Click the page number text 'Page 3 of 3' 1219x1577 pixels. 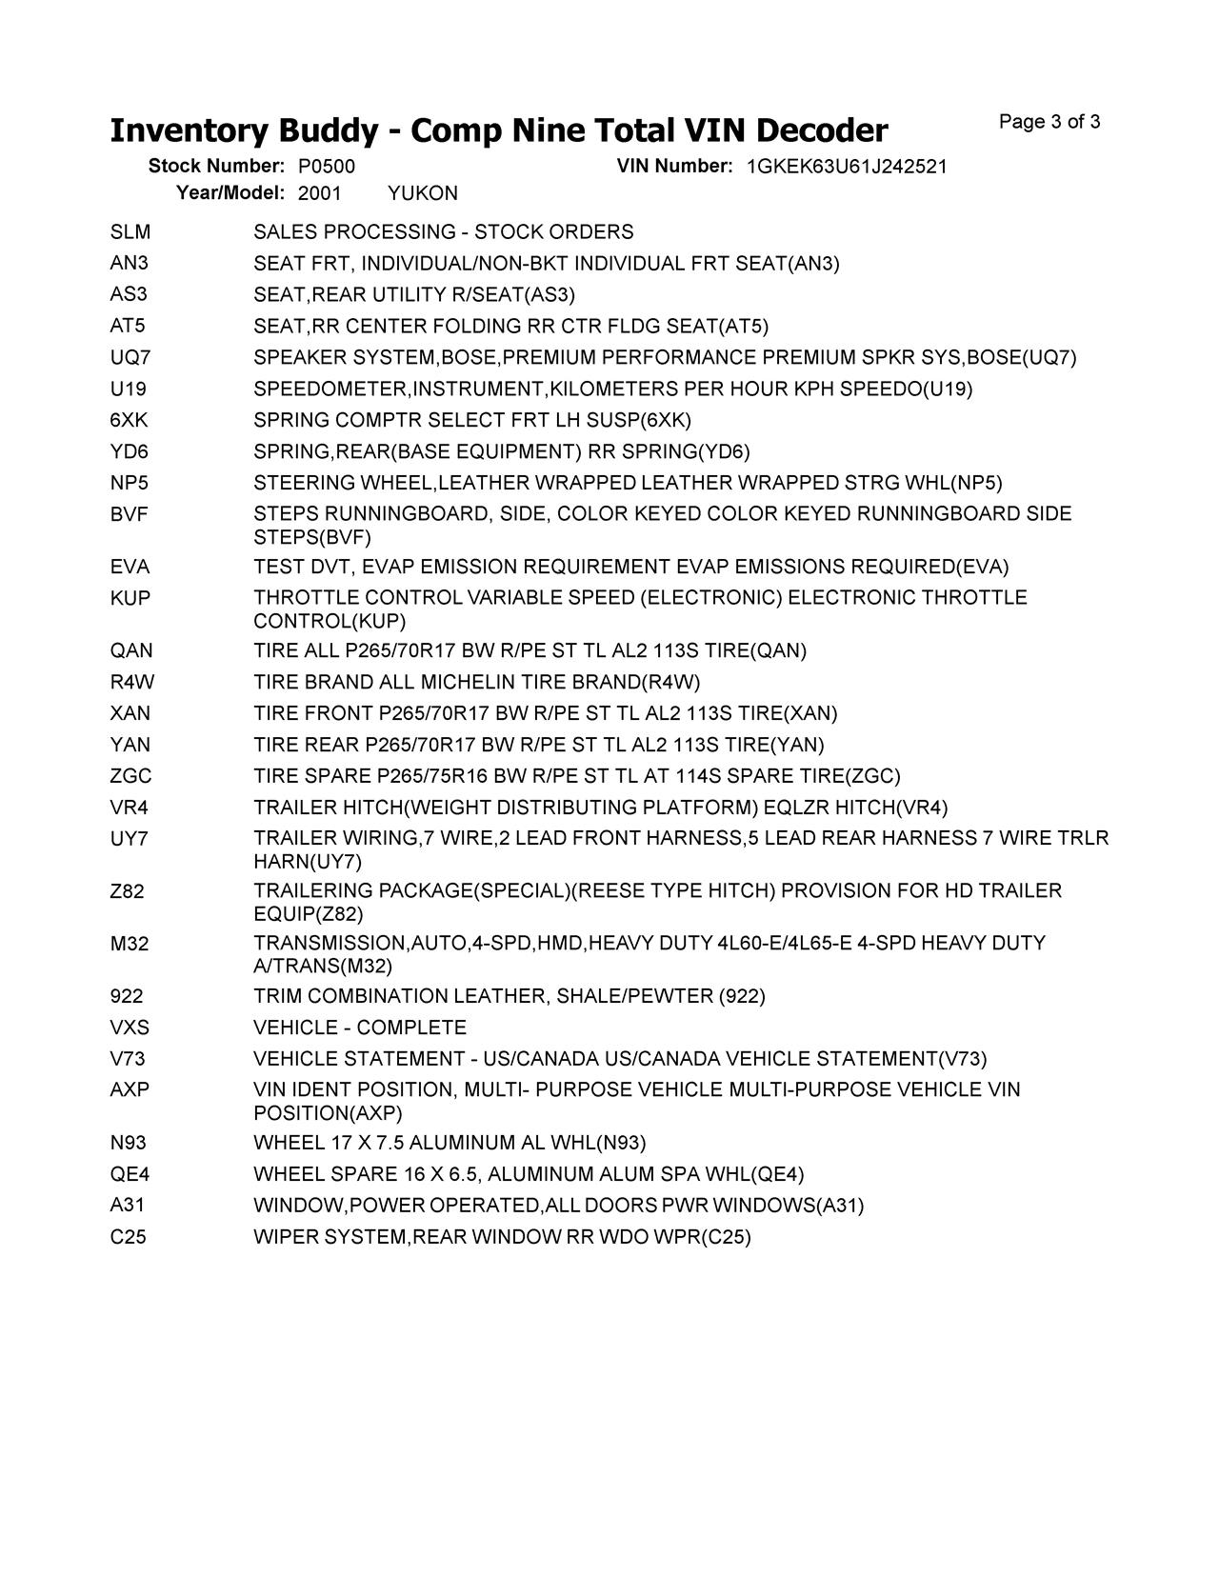[1049, 122]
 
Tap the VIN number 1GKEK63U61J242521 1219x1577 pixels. [847, 167]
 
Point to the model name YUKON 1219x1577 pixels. [423, 193]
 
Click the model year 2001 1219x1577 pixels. [319, 193]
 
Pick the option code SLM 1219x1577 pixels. [130, 232]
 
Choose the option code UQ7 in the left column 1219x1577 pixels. [130, 358]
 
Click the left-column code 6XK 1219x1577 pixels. [129, 420]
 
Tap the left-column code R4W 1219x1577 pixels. [131, 682]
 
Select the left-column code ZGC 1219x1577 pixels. [130, 776]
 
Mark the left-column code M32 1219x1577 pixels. [130, 944]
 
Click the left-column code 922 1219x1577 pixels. [127, 996]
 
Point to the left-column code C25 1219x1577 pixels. [129, 1237]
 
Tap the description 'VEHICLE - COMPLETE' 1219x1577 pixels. [360, 1028]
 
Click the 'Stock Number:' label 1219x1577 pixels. [216, 167]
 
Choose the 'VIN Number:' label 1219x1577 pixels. [674, 167]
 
